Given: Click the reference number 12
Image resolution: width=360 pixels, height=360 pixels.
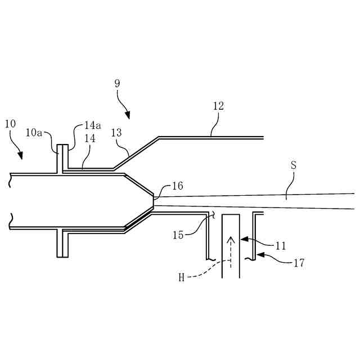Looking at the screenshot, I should [218, 106].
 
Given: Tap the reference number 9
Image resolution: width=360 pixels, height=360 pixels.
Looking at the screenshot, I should [116, 83].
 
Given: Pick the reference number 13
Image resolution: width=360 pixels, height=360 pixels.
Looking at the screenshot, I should [116, 133].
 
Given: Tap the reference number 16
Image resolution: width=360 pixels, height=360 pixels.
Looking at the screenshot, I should [177, 186].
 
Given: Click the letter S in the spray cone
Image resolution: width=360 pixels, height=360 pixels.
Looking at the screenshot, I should [293, 166].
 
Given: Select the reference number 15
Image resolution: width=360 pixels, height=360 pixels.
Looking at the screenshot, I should [178, 235].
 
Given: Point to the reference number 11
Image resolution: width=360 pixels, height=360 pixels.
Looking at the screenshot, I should [281, 246].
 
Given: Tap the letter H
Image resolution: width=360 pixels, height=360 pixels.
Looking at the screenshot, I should [182, 277].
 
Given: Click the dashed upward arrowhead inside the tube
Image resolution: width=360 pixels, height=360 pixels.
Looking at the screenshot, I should [230, 241].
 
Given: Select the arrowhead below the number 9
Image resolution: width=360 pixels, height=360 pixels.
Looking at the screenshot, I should [128, 116].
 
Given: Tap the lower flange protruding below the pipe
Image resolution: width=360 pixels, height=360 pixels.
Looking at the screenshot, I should [62, 243].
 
